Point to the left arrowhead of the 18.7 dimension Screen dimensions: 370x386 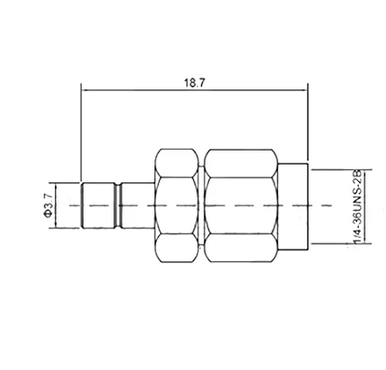[x=87, y=91]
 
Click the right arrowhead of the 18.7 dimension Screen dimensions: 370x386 [x=305, y=91]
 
